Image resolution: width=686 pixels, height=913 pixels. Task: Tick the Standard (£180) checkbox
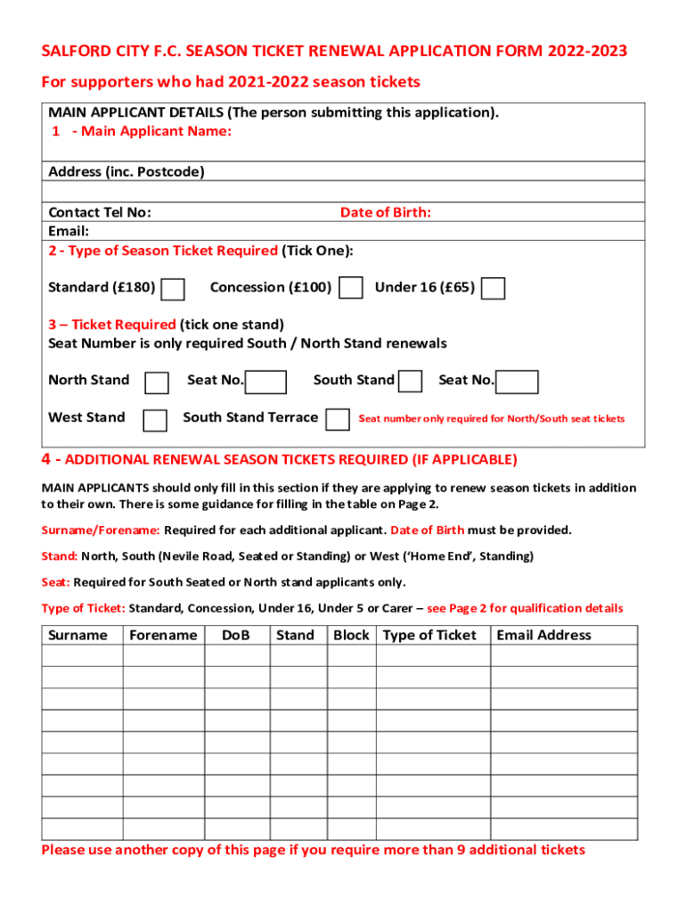174,289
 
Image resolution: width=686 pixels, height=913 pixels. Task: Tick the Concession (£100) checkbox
352,288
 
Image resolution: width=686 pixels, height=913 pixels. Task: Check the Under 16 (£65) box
494,289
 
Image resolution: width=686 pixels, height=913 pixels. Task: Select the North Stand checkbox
157,382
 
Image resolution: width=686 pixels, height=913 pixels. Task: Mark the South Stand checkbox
411,382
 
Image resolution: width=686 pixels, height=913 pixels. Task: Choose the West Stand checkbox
155,420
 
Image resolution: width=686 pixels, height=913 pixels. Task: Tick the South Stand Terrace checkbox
338,419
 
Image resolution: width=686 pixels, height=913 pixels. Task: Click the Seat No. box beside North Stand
266,382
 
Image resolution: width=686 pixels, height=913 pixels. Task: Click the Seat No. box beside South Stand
518,382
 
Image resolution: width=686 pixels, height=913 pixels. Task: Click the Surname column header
78,635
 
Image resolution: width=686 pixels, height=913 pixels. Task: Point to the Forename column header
163,635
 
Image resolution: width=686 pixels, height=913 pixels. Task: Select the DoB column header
235,635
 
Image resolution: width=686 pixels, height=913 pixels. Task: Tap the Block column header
351,635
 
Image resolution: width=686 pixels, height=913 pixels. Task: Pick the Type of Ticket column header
429,635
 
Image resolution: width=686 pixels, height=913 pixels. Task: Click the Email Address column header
543,635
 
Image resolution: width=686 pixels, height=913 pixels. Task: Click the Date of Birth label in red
385,212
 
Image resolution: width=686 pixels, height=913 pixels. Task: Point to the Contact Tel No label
99,212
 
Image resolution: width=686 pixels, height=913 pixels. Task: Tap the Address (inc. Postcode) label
126,171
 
